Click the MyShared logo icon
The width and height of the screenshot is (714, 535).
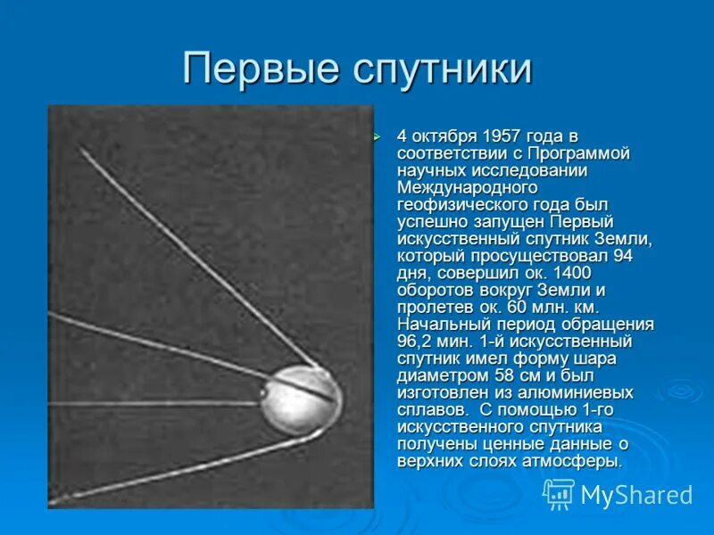(559, 493)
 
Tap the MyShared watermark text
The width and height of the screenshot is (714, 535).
(636, 495)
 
